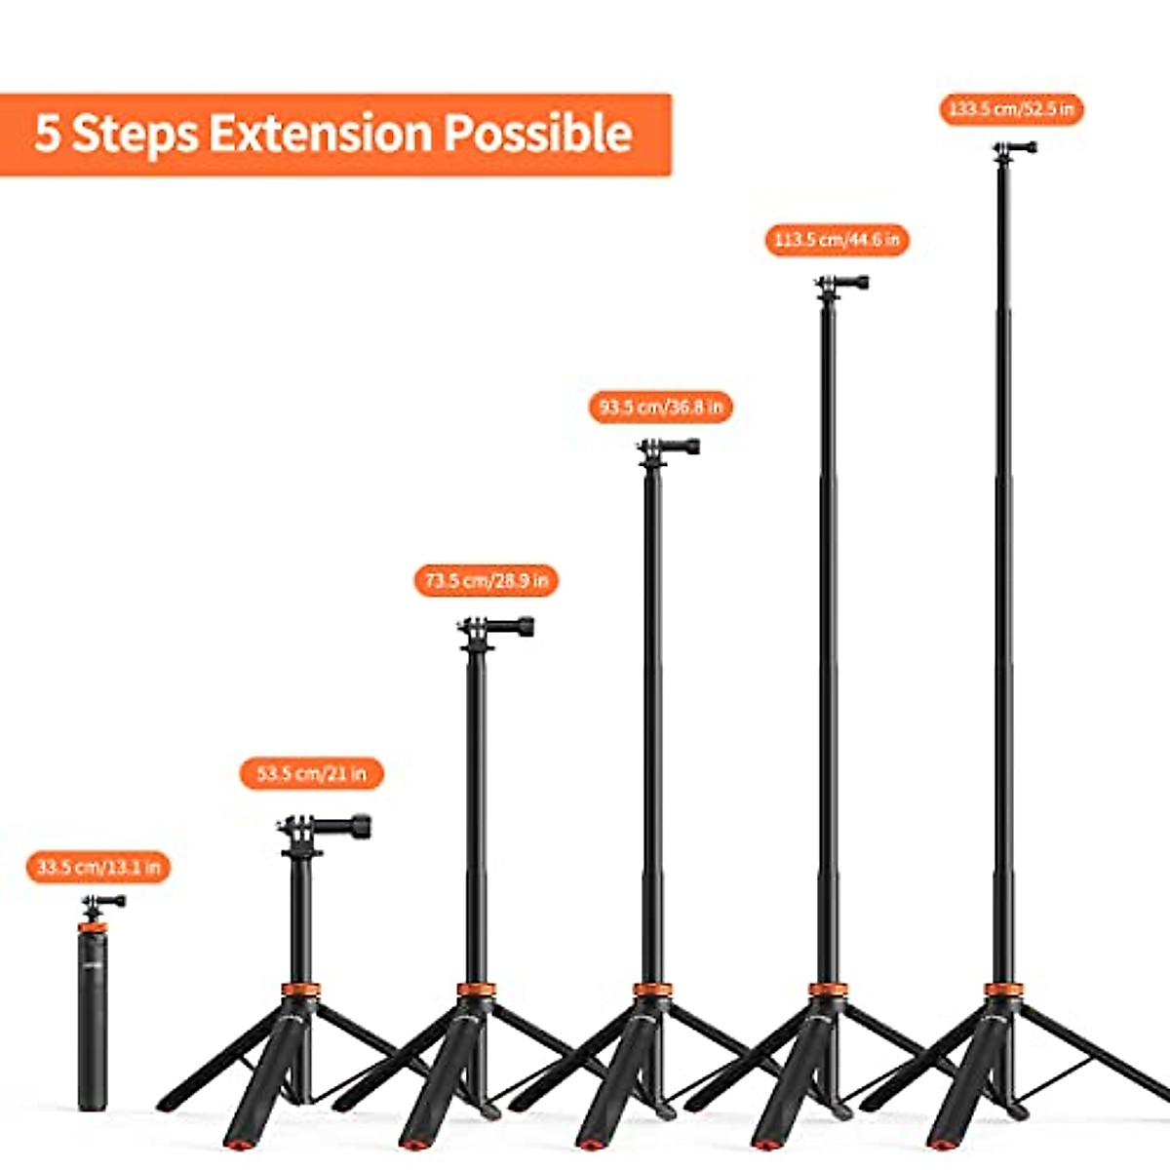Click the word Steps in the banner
point(135,134)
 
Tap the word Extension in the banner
point(320,134)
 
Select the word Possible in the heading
point(537,134)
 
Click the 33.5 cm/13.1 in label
point(98,866)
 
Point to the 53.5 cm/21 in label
point(311,773)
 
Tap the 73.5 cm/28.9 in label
point(486,581)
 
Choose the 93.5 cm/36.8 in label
point(660,407)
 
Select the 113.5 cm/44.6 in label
point(837,240)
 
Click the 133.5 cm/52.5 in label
point(1011,108)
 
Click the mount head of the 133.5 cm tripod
point(1014,149)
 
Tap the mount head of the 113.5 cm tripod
point(841,284)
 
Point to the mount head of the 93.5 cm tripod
point(669,448)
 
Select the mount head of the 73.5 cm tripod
point(495,628)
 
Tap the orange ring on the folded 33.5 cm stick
point(94,927)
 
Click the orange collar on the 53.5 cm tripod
point(300,990)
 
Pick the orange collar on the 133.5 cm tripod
point(1002,990)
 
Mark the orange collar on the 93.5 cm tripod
point(651,990)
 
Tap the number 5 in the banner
point(47,134)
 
